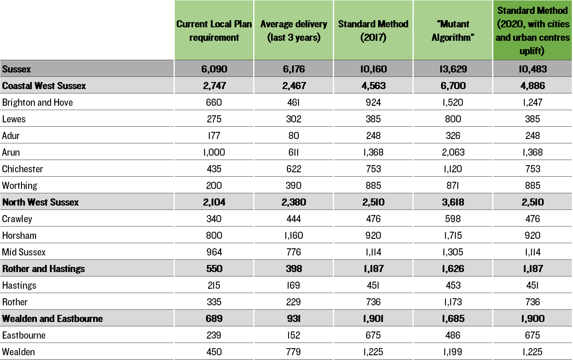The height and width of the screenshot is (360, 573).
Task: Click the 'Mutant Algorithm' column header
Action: (x=453, y=30)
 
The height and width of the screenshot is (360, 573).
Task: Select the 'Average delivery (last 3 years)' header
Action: (x=294, y=30)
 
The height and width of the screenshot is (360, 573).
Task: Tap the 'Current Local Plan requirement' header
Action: (x=214, y=30)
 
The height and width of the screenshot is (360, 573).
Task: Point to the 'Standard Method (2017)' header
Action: (x=373, y=30)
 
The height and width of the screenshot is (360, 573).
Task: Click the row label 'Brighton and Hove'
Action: (x=37, y=102)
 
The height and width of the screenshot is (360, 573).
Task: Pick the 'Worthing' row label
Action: (x=20, y=186)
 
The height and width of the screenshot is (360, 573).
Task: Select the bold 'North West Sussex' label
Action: (x=40, y=202)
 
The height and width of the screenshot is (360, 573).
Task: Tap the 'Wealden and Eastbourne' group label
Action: (x=52, y=318)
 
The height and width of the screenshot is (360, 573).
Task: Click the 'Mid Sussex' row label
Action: (x=24, y=252)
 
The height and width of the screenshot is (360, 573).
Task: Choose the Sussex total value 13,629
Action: (x=453, y=69)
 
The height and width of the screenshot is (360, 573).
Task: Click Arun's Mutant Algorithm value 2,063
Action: (x=453, y=152)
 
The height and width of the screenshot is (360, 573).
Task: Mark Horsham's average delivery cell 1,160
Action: (x=294, y=236)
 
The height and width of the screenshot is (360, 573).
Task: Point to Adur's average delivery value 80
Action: (x=294, y=136)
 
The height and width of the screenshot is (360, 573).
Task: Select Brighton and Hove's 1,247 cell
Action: (x=533, y=103)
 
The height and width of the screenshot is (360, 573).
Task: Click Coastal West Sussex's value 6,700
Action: (x=453, y=86)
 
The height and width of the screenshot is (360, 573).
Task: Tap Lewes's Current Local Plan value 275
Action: (x=214, y=119)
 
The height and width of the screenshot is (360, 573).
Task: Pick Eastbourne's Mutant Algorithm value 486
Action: (x=453, y=335)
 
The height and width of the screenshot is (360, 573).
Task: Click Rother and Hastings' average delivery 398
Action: (x=294, y=269)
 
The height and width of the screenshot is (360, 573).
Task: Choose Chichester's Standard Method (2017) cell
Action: (x=373, y=169)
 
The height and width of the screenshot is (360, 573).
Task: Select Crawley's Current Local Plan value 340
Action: (x=214, y=219)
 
